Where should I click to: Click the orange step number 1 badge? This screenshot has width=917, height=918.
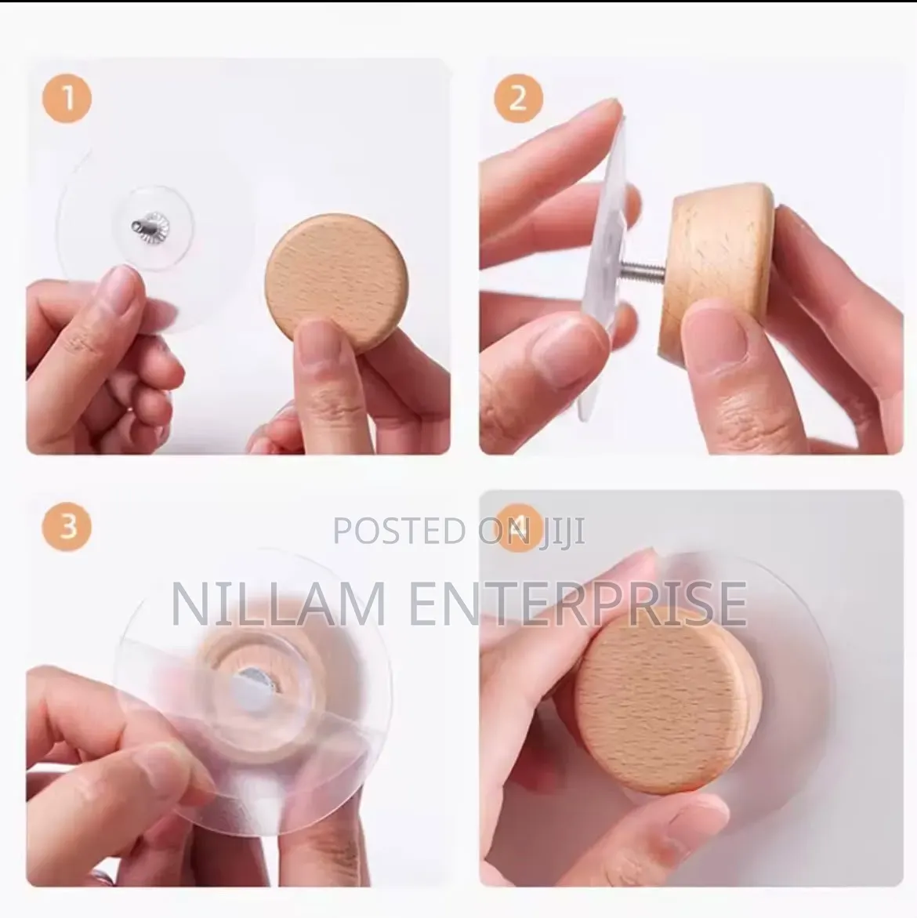pos(67,98)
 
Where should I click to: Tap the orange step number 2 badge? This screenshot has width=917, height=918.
pos(519,98)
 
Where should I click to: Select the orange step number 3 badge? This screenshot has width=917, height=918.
pos(67,525)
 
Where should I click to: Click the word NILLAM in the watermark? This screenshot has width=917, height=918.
pos(278,603)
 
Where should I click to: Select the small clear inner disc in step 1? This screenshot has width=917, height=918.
pos(153,228)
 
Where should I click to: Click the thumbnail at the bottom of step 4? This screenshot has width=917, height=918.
pos(694,831)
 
